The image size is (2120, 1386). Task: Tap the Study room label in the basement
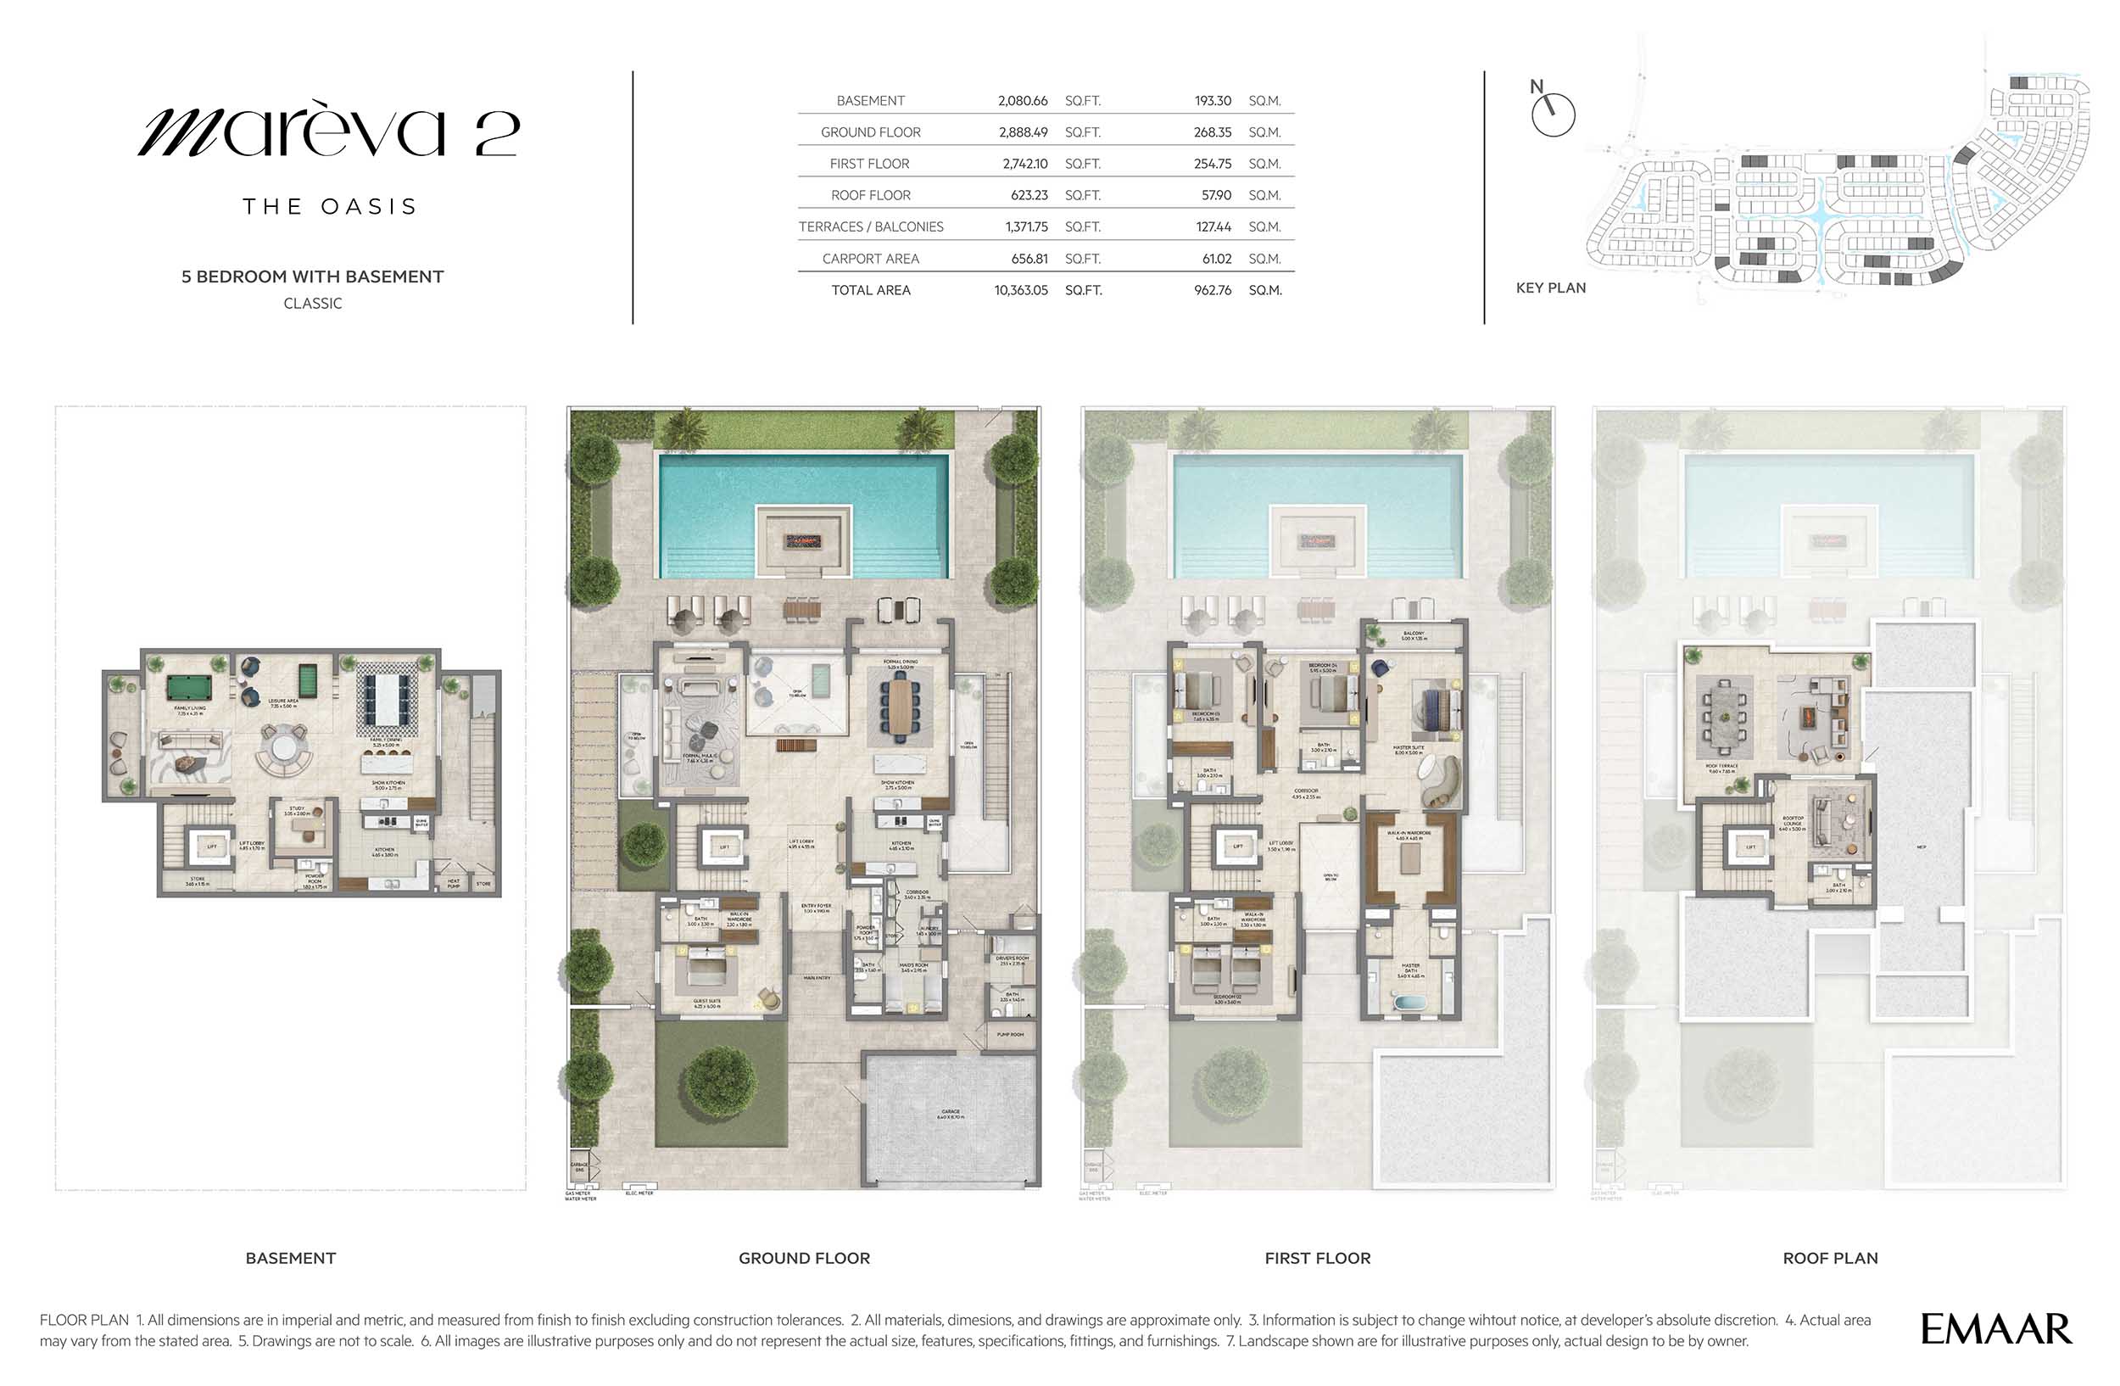click(x=297, y=810)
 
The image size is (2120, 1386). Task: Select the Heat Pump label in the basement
click(x=454, y=884)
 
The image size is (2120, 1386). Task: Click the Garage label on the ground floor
click(x=951, y=1114)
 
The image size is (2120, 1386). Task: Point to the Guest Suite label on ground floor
click(x=707, y=1003)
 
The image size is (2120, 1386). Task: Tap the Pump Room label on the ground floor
click(x=1010, y=1034)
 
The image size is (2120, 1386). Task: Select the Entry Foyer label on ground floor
click(x=816, y=908)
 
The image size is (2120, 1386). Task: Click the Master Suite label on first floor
click(x=1409, y=749)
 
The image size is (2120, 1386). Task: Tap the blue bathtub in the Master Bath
click(x=1409, y=1003)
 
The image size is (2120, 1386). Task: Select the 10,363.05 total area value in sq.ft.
click(x=1021, y=290)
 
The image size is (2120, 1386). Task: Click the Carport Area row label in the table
click(x=870, y=260)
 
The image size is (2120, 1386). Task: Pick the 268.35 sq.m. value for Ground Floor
click(x=1213, y=132)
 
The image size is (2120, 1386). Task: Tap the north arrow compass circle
click(x=1554, y=115)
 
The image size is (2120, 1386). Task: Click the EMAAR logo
click(x=1995, y=1329)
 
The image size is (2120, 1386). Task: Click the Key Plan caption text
click(x=1551, y=288)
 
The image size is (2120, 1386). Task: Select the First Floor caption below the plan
click(x=1318, y=1258)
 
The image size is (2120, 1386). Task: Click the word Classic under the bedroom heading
click(x=313, y=304)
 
